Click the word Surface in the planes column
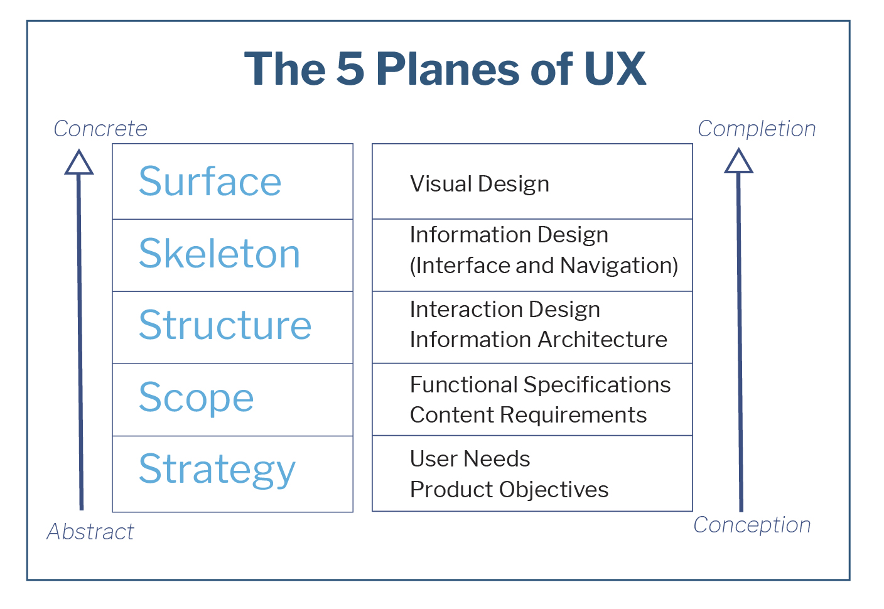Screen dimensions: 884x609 [210, 181]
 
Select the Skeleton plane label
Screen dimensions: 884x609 [219, 253]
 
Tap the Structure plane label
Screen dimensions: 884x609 [225, 325]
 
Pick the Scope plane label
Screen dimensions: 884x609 [196, 398]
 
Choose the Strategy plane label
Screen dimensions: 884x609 [217, 470]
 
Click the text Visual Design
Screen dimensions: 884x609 [480, 185]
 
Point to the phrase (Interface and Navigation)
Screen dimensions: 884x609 [544, 265]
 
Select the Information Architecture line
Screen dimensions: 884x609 [538, 340]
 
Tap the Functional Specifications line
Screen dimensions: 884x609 [541, 385]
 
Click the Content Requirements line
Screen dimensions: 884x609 [529, 415]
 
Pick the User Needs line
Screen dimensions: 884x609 [470, 458]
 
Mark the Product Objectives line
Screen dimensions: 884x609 [509, 490]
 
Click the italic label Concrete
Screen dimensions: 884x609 [100, 129]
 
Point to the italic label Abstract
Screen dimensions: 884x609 [90, 531]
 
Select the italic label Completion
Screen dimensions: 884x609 [757, 129]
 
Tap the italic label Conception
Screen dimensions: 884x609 [752, 525]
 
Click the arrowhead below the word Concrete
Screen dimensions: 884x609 [79, 162]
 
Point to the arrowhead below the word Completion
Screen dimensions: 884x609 [738, 161]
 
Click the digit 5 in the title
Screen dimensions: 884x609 [350, 68]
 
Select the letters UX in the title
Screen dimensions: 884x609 [615, 68]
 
